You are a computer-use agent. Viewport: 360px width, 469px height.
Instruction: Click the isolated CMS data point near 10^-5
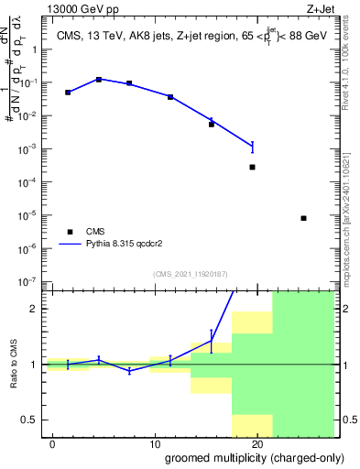pos(303,218)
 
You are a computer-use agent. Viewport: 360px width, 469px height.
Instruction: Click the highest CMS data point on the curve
pos(99,80)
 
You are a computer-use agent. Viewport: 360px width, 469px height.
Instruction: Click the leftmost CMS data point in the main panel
pos(68,93)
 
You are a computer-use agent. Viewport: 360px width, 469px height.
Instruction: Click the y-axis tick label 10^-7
pos(31,281)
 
